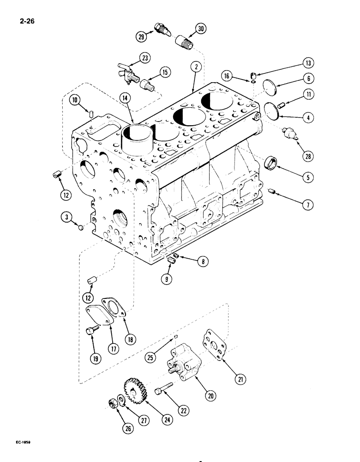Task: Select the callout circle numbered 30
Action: (200, 29)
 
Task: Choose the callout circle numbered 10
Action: (76, 99)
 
